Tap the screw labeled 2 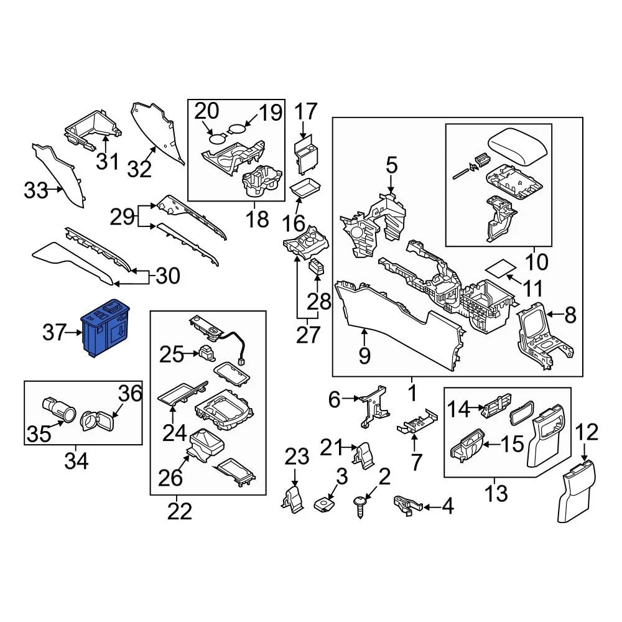point(360,504)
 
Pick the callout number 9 point(364,355)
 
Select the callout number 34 point(76,462)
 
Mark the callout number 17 point(305,113)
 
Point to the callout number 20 point(207,111)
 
